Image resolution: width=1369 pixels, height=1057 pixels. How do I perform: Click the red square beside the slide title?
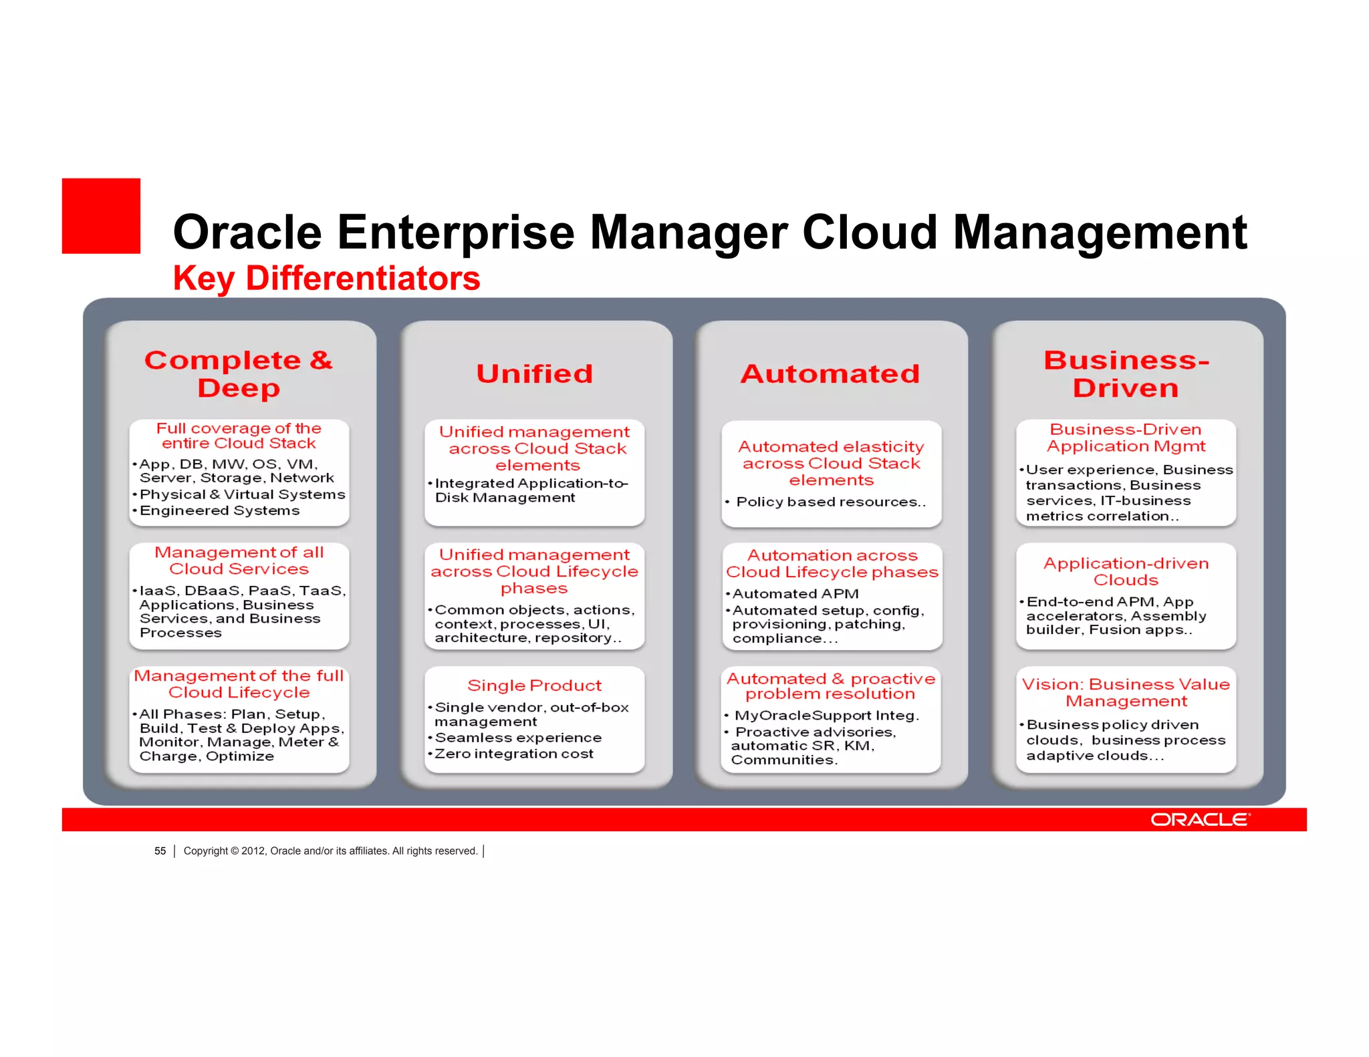[x=101, y=216]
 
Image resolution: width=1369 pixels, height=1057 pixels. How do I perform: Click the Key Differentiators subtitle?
[x=326, y=278]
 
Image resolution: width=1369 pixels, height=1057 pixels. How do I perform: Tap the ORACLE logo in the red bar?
[x=1200, y=820]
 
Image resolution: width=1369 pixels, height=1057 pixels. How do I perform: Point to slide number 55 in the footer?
[x=160, y=851]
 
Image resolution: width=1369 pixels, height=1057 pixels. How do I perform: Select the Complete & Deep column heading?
[x=239, y=373]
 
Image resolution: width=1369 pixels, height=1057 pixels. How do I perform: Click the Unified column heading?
[x=534, y=373]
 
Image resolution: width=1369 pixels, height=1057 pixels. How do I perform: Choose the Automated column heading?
[x=830, y=373]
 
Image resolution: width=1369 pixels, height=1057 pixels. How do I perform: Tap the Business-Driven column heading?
[x=1126, y=373]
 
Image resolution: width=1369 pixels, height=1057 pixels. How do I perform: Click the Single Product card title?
[x=534, y=686]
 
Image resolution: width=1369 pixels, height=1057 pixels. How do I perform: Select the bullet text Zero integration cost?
[x=513, y=754]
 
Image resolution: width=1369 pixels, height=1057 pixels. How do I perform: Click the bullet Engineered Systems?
[x=219, y=510]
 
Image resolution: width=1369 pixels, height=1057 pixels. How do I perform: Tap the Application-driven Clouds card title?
[x=1126, y=571]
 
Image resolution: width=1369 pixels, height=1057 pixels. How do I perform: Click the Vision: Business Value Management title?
[x=1126, y=692]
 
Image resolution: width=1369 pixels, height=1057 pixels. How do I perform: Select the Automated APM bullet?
[x=795, y=593]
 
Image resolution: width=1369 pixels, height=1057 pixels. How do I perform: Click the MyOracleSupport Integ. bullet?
[x=827, y=715]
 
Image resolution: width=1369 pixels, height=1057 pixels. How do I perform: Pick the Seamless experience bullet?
[x=518, y=738]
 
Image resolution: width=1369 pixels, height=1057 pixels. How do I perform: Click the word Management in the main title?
[x=1100, y=233]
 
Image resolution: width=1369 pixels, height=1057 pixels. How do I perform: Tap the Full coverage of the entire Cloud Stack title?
[x=239, y=436]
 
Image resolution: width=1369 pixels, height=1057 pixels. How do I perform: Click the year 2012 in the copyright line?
[x=253, y=851]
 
